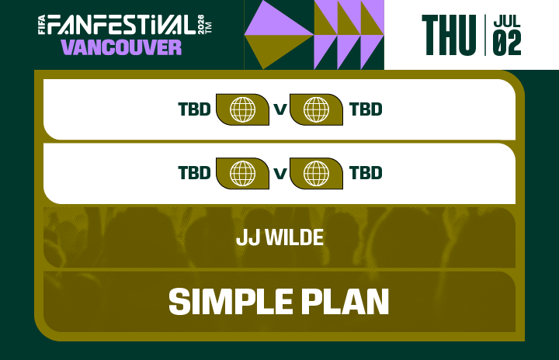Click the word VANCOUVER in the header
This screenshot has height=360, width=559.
point(121,47)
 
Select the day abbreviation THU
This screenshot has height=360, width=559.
point(448,35)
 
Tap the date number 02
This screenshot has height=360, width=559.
point(507,44)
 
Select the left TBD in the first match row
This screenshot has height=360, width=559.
point(194,109)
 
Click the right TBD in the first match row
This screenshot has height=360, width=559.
point(366,109)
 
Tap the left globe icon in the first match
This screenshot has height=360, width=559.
point(242,109)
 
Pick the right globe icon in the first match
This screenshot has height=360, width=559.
point(316,109)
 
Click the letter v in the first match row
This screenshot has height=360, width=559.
point(279,110)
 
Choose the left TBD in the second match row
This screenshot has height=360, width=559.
point(194,172)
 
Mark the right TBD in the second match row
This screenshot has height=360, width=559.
point(366,172)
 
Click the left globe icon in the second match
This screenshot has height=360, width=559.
point(242,172)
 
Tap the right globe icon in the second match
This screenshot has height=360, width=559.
point(316,172)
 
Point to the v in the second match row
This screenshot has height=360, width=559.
point(279,173)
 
